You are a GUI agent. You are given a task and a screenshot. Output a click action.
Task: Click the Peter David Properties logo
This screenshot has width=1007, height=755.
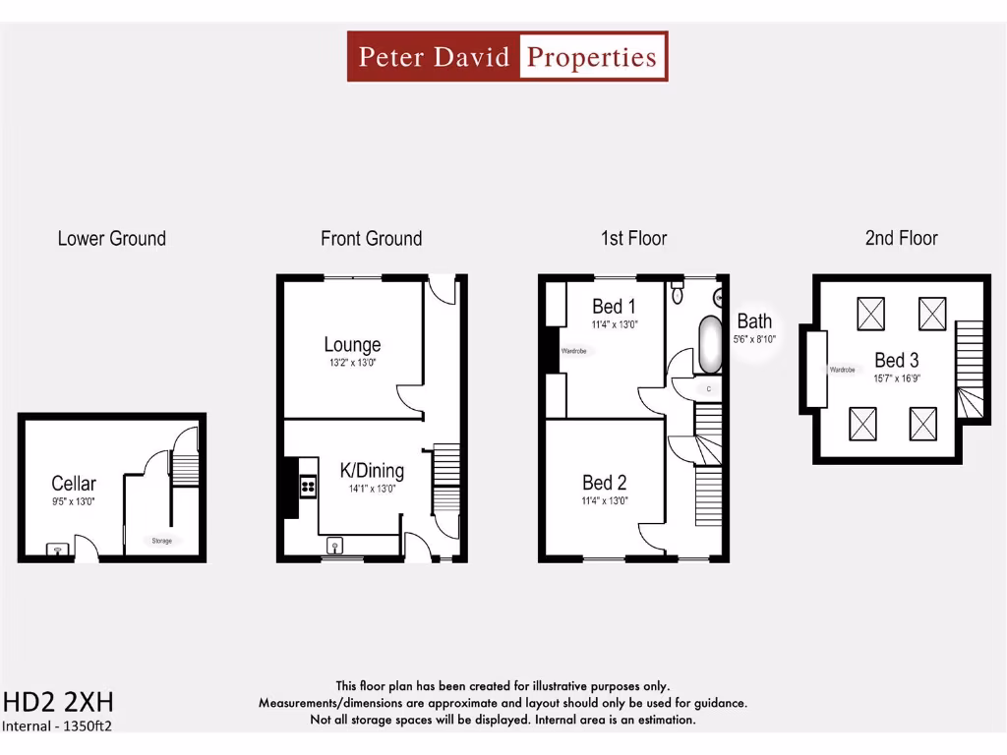507,56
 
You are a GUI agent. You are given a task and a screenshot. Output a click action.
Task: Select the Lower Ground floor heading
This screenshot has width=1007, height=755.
111,238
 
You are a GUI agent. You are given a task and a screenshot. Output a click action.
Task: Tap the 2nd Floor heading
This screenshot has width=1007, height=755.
901,238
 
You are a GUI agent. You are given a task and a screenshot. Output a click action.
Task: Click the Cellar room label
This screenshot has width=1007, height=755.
74,483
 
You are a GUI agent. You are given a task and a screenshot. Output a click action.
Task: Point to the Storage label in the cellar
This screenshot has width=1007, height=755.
161,541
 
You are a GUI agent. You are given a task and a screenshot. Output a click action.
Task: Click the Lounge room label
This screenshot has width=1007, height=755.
352,345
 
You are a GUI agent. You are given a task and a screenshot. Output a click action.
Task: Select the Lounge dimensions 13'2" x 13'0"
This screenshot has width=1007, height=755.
352,363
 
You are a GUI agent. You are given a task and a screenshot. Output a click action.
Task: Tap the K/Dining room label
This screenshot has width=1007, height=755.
372,471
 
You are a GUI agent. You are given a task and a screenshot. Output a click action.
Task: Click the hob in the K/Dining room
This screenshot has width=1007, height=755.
307,485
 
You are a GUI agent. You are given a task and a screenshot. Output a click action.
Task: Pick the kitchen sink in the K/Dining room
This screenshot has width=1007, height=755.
335,546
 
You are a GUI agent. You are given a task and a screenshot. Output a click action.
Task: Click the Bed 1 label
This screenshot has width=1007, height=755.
614,307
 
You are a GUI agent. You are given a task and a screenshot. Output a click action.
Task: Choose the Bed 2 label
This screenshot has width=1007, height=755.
604,483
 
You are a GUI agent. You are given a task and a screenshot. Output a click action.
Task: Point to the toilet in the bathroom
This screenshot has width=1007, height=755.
677,293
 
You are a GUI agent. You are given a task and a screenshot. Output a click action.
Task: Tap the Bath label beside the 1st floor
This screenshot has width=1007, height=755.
754,320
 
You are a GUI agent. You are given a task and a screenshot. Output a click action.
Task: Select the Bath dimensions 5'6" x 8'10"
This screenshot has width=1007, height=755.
754,339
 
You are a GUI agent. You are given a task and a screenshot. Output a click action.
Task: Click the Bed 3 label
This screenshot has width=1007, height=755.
896,360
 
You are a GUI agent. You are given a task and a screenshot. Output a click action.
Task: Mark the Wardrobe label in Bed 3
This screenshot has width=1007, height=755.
843,370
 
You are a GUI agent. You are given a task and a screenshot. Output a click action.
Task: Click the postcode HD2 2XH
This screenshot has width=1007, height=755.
58,702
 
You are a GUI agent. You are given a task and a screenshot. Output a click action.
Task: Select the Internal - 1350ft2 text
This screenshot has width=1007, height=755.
57,726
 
